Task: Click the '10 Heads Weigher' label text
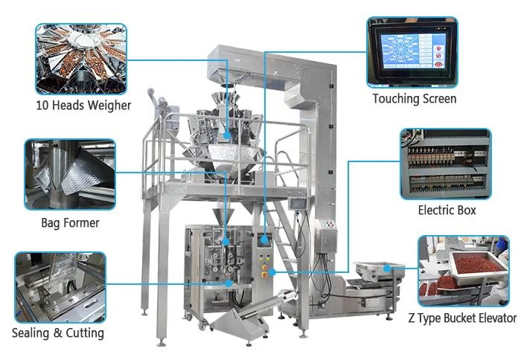(x=83, y=106)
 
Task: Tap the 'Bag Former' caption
(x=70, y=223)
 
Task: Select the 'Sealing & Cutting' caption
(x=58, y=333)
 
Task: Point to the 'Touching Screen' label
(x=415, y=99)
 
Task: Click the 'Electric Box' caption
(x=447, y=210)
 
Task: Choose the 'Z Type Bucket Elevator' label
(x=462, y=318)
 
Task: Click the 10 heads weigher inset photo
(x=81, y=59)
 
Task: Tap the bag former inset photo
(x=70, y=174)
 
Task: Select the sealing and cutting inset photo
(x=60, y=287)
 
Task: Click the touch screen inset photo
(x=412, y=52)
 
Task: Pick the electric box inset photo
(x=446, y=164)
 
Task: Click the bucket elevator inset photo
(x=464, y=271)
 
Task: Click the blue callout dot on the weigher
(x=227, y=135)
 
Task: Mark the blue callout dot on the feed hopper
(x=387, y=269)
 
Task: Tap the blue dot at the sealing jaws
(x=228, y=283)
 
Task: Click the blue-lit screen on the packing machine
(x=264, y=240)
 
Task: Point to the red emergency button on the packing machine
(x=264, y=275)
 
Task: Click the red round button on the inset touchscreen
(x=438, y=64)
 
